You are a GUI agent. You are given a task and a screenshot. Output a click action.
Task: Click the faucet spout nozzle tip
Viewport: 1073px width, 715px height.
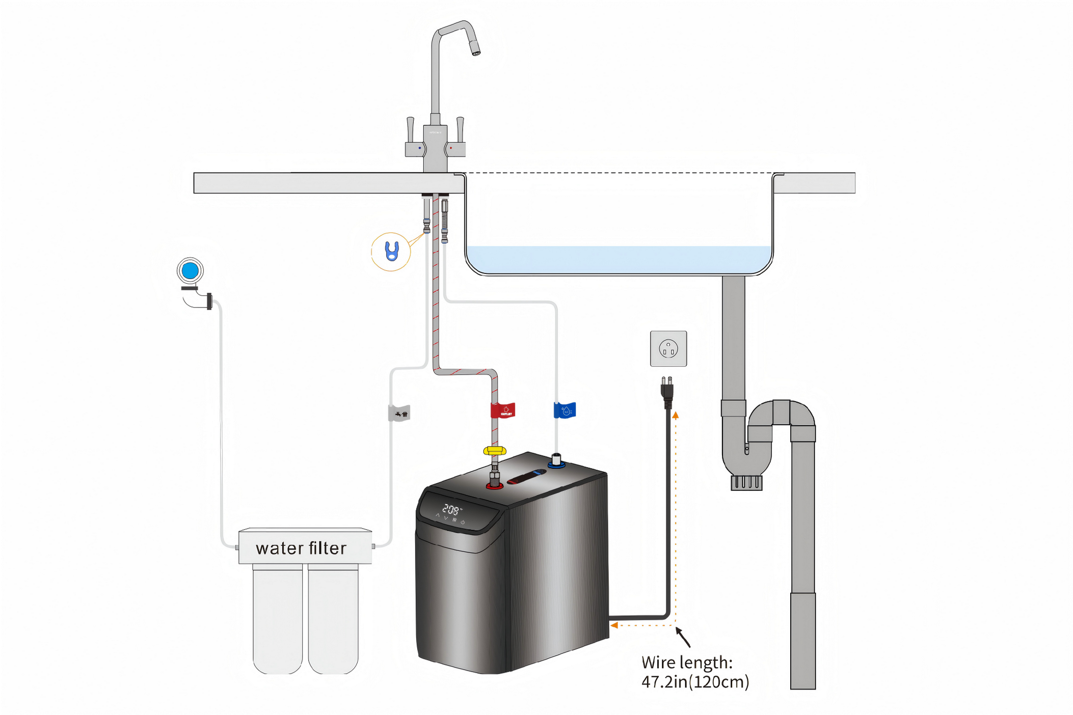475,49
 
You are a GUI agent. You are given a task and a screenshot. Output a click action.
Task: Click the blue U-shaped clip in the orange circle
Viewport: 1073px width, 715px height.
391,251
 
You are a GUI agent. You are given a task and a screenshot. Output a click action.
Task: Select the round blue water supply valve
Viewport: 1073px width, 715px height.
190,270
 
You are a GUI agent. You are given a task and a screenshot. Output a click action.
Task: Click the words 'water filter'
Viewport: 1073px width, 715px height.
301,548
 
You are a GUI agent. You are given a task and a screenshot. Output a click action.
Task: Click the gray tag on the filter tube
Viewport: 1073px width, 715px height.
399,413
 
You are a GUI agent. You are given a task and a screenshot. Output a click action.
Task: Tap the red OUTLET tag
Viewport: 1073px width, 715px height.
503,410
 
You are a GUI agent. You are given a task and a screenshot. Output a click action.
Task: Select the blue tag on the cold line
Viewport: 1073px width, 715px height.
565,410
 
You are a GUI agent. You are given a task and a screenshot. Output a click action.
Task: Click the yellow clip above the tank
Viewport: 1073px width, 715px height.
494,451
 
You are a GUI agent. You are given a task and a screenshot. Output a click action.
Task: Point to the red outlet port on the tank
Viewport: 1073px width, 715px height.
494,486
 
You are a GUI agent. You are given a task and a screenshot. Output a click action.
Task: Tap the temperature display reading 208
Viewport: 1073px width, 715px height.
451,509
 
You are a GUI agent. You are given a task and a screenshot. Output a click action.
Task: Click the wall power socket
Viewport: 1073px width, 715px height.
668,349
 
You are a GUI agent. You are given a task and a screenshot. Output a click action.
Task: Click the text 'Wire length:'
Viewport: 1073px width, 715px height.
687,663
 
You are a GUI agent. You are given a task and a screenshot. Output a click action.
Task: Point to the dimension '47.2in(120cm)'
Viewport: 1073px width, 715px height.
695,682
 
